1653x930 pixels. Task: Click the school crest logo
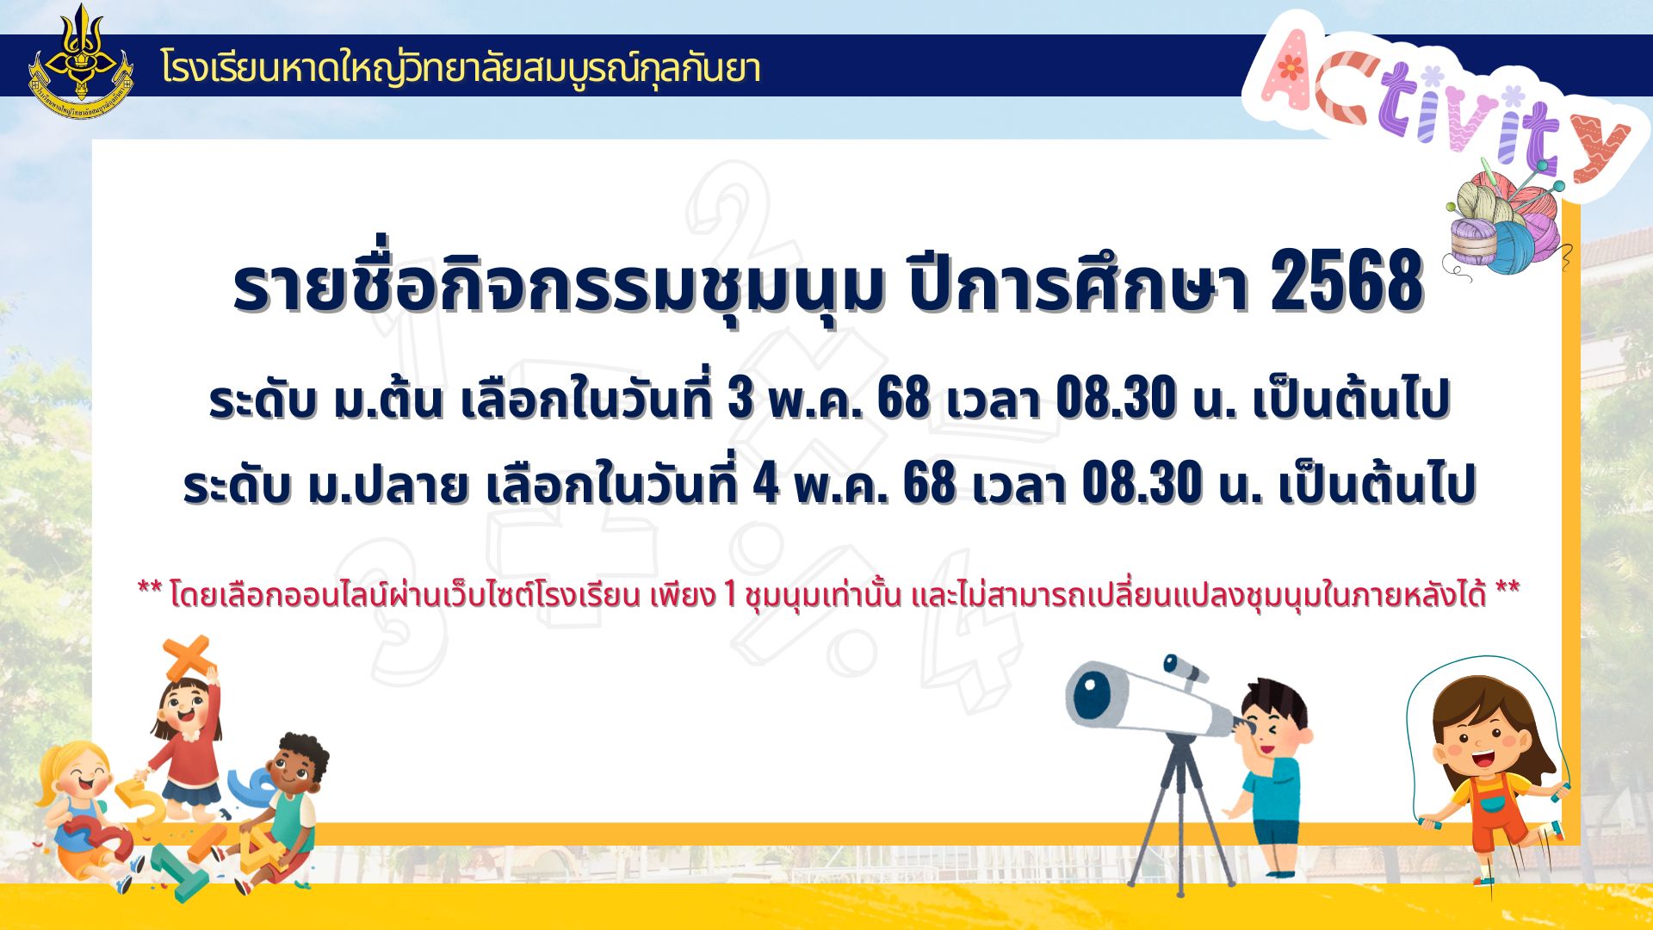pyautogui.click(x=81, y=62)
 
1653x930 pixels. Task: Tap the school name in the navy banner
pyautogui.click(x=461, y=68)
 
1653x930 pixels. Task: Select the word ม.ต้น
pyautogui.click(x=388, y=398)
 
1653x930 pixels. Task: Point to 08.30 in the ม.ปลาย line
pyautogui.click(x=1142, y=483)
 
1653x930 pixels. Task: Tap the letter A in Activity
pyautogui.click(x=1301, y=71)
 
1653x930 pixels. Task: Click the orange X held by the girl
pyautogui.click(x=188, y=659)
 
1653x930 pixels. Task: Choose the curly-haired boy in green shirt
pyautogui.click(x=280, y=809)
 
